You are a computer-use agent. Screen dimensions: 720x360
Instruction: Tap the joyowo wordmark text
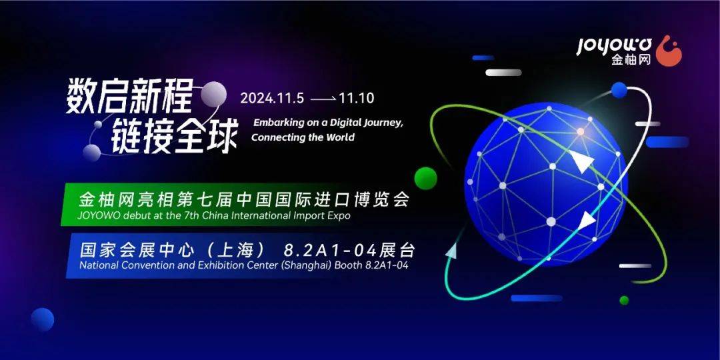click(615, 46)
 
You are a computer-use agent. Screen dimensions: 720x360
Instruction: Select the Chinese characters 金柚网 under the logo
click(631, 60)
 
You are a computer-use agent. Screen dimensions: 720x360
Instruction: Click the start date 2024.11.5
click(272, 98)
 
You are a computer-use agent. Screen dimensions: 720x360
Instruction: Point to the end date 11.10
click(356, 98)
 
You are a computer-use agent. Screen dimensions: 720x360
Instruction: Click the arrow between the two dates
click(323, 99)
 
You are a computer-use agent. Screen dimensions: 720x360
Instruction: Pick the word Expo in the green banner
click(339, 216)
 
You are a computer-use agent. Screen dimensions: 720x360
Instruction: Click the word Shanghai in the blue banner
click(305, 265)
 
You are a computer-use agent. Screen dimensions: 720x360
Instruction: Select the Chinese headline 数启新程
click(129, 98)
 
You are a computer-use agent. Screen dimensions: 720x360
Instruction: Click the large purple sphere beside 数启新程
click(213, 94)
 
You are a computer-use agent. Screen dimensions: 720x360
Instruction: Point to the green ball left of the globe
click(425, 178)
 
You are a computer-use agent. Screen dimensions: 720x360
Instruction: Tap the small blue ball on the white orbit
click(619, 90)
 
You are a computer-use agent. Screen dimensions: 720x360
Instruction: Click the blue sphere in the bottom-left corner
click(43, 319)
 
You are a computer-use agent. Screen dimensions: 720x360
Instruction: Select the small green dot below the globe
click(624, 300)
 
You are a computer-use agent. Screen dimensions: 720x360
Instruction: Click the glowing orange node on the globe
click(581, 131)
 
